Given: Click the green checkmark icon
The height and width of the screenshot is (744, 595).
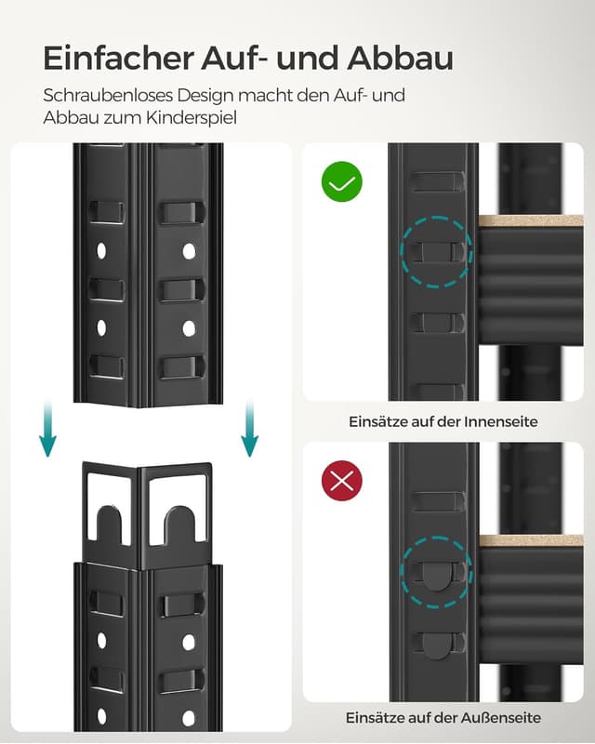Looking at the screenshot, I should pos(341,182).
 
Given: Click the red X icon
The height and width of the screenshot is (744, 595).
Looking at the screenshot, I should pos(341,481).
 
